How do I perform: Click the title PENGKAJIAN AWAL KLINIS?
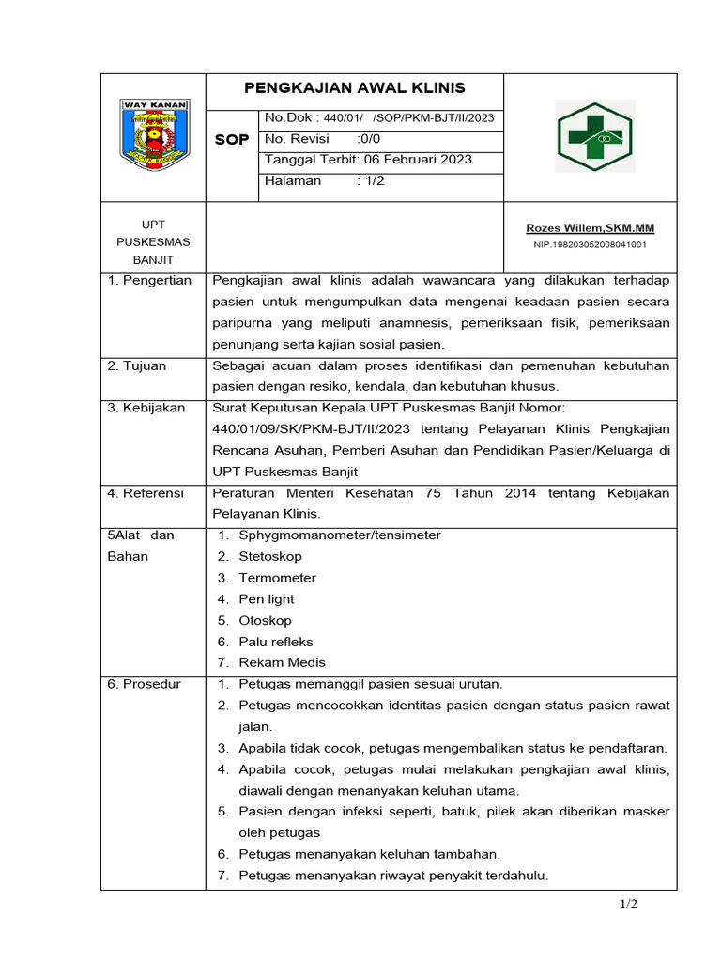354,88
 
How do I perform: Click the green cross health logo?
595,136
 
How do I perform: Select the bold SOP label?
232,139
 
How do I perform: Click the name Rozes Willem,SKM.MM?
590,228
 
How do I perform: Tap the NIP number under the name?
590,244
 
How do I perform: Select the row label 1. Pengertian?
149,280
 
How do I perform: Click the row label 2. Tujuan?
136,365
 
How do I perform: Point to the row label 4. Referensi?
146,493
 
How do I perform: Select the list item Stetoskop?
269,556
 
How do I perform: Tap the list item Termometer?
277,578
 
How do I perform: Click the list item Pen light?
267,599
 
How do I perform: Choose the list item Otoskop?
265,620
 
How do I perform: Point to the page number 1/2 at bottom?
628,904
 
